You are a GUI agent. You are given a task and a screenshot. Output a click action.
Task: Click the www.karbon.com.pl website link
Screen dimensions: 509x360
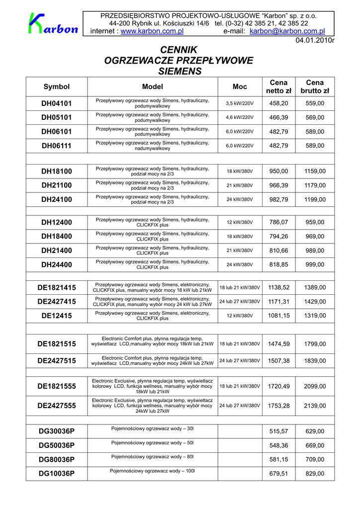pyautogui.click(x=152, y=31)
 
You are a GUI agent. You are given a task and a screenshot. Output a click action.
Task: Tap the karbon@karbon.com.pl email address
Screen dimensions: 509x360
pyautogui.click(x=287, y=31)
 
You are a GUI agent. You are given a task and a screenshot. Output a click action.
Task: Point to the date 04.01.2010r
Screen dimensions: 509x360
pyautogui.click(x=315, y=40)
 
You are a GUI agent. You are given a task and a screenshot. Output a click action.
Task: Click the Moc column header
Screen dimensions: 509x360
pyautogui.click(x=240, y=86)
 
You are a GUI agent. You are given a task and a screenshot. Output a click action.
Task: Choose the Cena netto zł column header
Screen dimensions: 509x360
pyautogui.click(x=278, y=86)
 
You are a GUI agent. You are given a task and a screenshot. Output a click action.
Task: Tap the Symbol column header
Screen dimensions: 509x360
pyautogui.click(x=57, y=86)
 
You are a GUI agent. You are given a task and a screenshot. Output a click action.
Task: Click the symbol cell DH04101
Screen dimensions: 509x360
pyautogui.click(x=57, y=103)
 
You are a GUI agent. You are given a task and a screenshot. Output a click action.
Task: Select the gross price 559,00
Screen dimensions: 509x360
pyautogui.click(x=315, y=103)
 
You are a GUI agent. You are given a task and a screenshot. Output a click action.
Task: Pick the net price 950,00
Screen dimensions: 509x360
pyautogui.click(x=278, y=171)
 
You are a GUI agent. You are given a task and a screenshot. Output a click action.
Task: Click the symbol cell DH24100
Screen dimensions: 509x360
pyautogui.click(x=57, y=199)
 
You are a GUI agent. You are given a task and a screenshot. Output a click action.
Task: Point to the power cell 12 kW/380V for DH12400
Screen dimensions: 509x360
pyautogui.click(x=240, y=223)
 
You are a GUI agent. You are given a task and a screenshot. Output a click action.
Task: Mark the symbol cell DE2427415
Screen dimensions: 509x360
pyautogui.click(x=57, y=302)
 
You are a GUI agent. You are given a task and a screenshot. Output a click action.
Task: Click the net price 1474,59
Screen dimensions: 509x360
pyautogui.click(x=278, y=344)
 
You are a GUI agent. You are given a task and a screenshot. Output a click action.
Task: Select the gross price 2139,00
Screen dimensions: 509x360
pyautogui.click(x=315, y=406)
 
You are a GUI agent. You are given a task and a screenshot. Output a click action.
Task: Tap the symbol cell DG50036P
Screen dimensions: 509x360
pyautogui.click(x=57, y=445)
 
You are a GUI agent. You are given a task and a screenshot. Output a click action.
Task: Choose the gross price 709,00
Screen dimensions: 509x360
pyautogui.click(x=315, y=459)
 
